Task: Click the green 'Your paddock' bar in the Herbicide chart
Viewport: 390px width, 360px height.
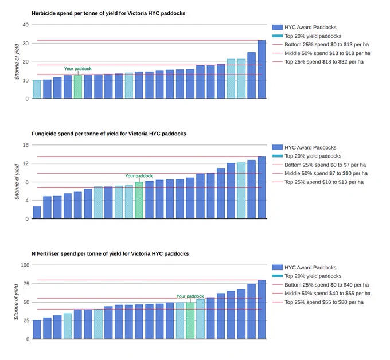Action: coord(78,87)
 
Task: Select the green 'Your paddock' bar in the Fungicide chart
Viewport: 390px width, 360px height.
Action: coord(139,201)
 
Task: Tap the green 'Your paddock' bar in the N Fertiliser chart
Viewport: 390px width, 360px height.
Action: coord(190,320)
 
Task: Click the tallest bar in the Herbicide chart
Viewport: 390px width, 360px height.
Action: coord(262,69)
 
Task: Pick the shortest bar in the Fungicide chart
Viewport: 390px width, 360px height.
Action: coord(37,213)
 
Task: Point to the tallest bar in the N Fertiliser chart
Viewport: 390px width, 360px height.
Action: coord(262,310)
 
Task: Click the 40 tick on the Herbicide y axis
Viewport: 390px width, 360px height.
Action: coord(26,25)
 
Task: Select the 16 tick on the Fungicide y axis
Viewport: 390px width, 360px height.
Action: coord(26,145)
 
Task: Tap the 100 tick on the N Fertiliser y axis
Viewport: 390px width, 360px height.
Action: coord(25,265)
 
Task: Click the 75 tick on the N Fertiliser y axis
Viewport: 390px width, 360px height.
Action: coord(26,284)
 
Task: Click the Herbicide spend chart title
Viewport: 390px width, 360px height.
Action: coord(108,13)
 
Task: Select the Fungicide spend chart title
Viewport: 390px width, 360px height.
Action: coord(109,134)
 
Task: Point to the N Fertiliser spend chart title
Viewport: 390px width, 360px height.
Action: coord(110,254)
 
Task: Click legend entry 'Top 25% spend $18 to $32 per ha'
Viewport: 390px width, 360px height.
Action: coord(324,62)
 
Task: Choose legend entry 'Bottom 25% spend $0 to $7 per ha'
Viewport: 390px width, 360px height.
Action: coord(325,165)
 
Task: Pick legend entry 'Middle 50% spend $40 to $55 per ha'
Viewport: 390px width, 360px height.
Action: coord(327,294)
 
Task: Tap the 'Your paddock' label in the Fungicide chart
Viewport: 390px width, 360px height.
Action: coord(139,176)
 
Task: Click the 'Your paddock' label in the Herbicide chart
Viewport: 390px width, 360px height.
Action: coord(78,69)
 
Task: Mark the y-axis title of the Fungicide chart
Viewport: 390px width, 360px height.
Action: coord(17,182)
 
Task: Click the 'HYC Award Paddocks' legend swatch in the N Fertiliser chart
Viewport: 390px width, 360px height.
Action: coord(278,268)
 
